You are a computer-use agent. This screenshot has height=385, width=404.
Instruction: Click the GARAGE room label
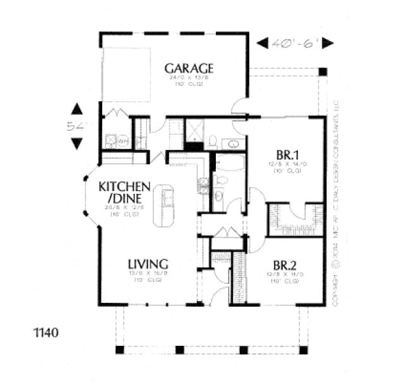[x=189, y=68]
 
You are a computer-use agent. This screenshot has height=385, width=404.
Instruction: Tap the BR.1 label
[x=287, y=154]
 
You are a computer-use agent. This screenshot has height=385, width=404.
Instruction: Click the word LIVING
[x=147, y=263]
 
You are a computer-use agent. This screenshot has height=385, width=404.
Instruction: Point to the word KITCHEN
[x=124, y=187]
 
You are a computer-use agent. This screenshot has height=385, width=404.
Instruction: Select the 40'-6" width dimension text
[x=295, y=43]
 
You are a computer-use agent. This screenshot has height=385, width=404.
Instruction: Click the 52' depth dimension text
[x=76, y=126]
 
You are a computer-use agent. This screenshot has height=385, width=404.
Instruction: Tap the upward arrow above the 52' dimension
[x=77, y=109]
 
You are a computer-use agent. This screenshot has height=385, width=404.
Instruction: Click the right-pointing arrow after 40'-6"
[x=327, y=43]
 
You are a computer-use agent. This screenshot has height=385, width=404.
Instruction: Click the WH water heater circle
[x=124, y=140]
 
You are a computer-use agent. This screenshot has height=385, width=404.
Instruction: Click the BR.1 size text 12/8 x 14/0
[x=287, y=164]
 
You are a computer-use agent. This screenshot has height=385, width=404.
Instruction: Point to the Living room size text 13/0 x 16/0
[x=147, y=274]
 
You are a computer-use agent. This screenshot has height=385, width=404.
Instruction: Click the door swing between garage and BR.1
[x=239, y=109]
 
